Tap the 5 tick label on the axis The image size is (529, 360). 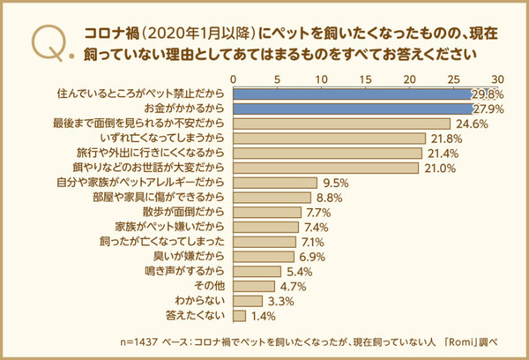tap(278, 79)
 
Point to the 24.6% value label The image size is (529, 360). tap(471, 124)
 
